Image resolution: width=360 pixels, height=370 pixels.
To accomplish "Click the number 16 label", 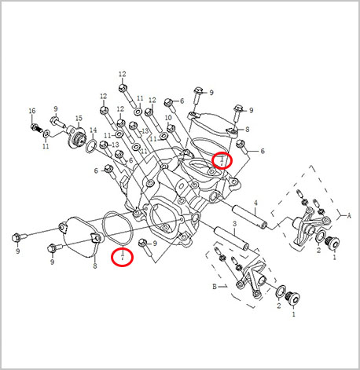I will point(32,111).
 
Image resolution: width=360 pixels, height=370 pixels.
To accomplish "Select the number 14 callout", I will point(93,130).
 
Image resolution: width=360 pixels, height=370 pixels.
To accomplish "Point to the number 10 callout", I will point(168,118).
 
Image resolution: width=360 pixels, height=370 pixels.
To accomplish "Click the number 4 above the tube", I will point(255,203).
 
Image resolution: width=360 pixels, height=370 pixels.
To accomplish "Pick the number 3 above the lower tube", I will point(235,225).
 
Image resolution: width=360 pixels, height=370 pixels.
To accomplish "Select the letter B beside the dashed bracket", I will point(213,288).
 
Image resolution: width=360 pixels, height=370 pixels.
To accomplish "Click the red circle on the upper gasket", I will point(222,161).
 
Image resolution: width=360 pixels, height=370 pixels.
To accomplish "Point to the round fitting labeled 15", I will point(78,138).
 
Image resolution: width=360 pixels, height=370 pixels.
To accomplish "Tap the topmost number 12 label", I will point(122,74).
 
